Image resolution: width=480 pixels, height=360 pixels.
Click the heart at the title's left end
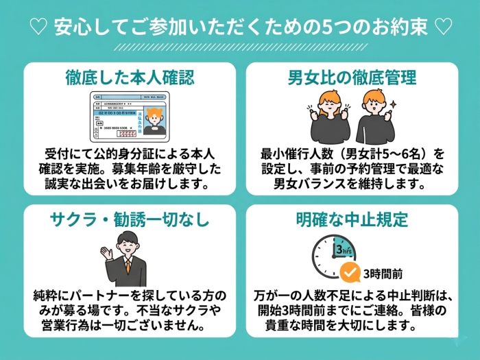pyautogui.click(x=40, y=28)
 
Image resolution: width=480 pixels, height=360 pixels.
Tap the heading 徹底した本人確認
pyautogui.click(x=130, y=77)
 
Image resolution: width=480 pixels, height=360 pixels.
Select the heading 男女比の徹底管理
pyautogui.click(x=352, y=77)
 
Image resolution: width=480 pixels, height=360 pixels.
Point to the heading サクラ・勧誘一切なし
pyautogui.click(x=130, y=219)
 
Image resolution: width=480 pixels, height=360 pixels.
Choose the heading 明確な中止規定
pyautogui.click(x=352, y=219)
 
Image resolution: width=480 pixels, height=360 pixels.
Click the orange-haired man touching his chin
pyautogui.click(x=374, y=117)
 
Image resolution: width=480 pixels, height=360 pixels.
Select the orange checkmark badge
pyautogui.click(x=350, y=273)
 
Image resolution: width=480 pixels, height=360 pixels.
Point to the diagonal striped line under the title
pyautogui.click(x=240, y=47)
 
